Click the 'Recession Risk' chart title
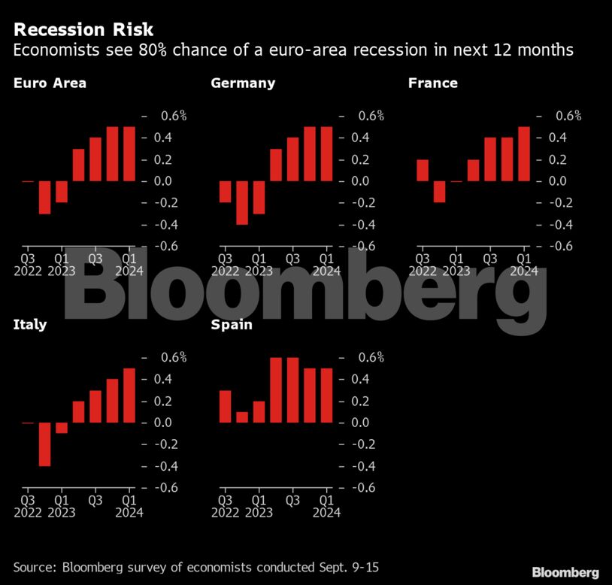click(83, 30)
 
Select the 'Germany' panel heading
click(243, 83)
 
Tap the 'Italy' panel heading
click(30, 325)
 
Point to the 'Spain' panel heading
click(232, 325)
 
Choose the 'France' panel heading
click(432, 83)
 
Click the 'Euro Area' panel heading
click(50, 83)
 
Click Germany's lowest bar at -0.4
click(242, 203)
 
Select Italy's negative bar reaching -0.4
click(45, 444)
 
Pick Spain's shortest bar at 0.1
click(242, 417)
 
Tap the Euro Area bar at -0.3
click(45, 198)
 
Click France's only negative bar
click(439, 192)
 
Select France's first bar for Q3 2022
click(422, 171)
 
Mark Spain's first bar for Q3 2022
click(225, 406)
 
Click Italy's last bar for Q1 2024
click(129, 396)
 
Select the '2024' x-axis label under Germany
click(326, 271)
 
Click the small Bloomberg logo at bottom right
click(565, 573)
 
